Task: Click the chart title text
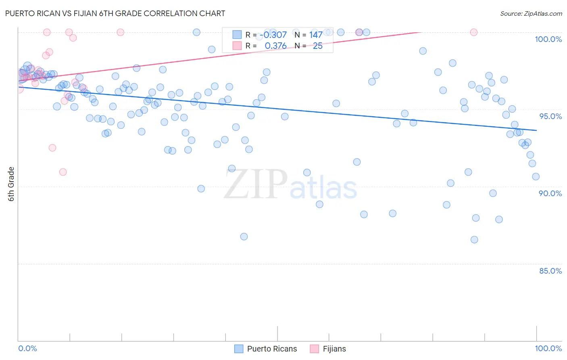pyautogui.click(x=115, y=13)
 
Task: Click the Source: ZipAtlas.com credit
pyautogui.click(x=531, y=13)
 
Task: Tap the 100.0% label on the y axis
pyautogui.click(x=548, y=39)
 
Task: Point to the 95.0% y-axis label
pyautogui.click(x=550, y=116)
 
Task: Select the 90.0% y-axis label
pyautogui.click(x=550, y=193)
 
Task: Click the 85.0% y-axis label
pyautogui.click(x=550, y=271)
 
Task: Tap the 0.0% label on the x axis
pyautogui.click(x=27, y=348)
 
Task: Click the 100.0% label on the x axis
pyautogui.click(x=548, y=348)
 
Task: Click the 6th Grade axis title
pyautogui.click(x=11, y=184)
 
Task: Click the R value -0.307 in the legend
pyautogui.click(x=273, y=35)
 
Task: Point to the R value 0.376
pyautogui.click(x=275, y=46)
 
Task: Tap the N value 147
pyautogui.click(x=316, y=35)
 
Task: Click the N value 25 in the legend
pyautogui.click(x=318, y=46)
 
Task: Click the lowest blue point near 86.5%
pyautogui.click(x=474, y=240)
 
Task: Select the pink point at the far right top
pyautogui.click(x=474, y=32)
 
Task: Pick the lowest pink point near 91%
pyautogui.click(x=63, y=172)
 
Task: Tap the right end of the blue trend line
pyautogui.click(x=536, y=130)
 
